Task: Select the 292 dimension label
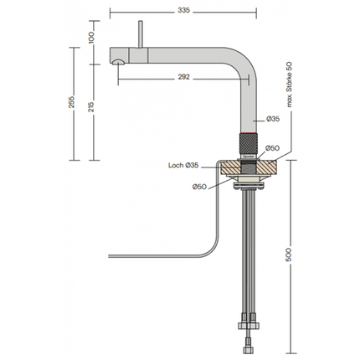[184, 76]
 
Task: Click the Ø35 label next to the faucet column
[274, 119]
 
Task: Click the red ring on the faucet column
[250, 133]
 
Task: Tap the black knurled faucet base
[250, 148]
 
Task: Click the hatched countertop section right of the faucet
[267, 168]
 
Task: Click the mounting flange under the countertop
[250, 183]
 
